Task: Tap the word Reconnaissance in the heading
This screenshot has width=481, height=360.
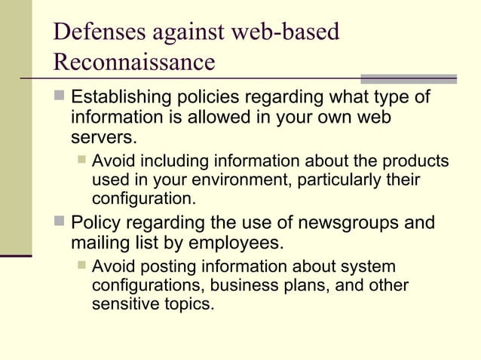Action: tap(134, 62)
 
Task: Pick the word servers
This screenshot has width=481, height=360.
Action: tap(104, 138)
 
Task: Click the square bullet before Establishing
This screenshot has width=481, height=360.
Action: tap(60, 98)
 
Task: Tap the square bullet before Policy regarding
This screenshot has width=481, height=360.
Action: tap(60, 223)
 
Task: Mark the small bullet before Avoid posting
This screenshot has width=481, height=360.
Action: tap(81, 267)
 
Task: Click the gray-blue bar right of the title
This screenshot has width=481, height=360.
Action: tap(409, 78)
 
